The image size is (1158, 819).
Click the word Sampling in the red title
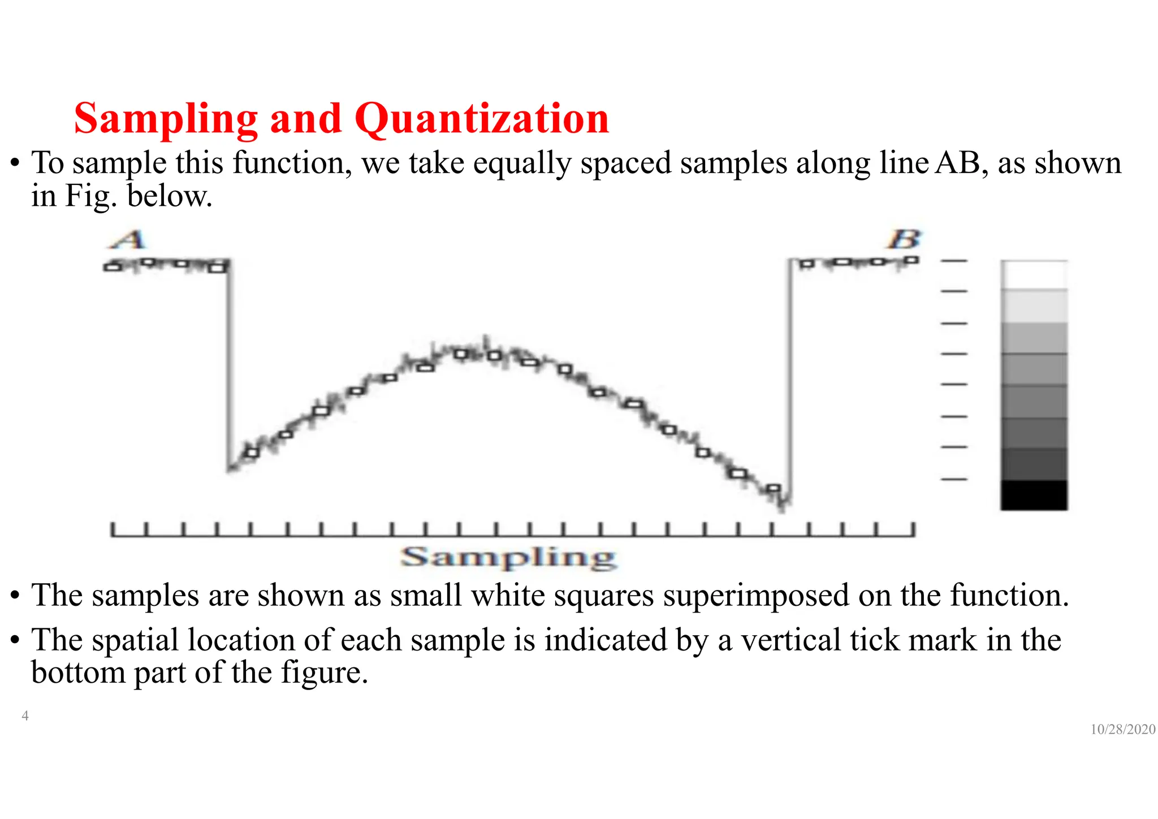pyautogui.click(x=166, y=119)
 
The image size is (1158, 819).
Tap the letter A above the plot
pyautogui.click(x=128, y=240)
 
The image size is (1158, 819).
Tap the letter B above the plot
pyautogui.click(x=905, y=240)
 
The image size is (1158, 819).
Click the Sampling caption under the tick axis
pyautogui.click(x=508, y=558)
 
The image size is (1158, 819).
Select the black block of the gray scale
pyautogui.click(x=1034, y=495)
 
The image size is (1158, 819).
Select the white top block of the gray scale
pyautogui.click(x=1034, y=275)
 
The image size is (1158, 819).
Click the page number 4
pyautogui.click(x=25, y=716)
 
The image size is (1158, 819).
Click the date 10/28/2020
pyautogui.click(x=1122, y=730)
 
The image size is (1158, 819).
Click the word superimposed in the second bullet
pyautogui.click(x=756, y=595)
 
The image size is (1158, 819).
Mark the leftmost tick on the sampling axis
pyautogui.click(x=113, y=529)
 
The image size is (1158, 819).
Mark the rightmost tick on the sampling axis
pyautogui.click(x=912, y=529)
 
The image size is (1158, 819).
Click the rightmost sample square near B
pyautogui.click(x=911, y=260)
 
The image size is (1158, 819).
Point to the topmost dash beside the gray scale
pyautogui.click(x=954, y=261)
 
